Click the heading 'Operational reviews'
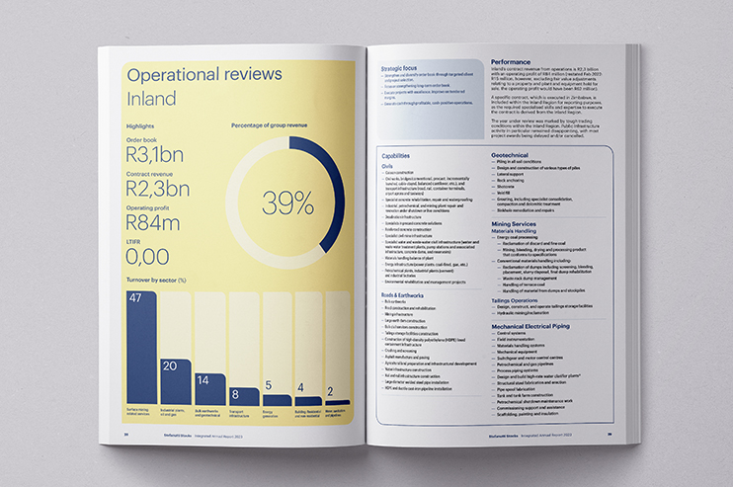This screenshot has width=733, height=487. [x=204, y=74]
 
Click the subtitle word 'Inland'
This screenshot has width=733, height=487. [x=152, y=99]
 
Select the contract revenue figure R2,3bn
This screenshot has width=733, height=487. [x=158, y=188]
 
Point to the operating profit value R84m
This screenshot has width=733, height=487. [x=152, y=225]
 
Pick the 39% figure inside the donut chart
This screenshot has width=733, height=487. [x=287, y=203]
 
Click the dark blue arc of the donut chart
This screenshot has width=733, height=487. [x=330, y=174]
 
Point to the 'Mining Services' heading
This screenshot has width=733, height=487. [x=517, y=225]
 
